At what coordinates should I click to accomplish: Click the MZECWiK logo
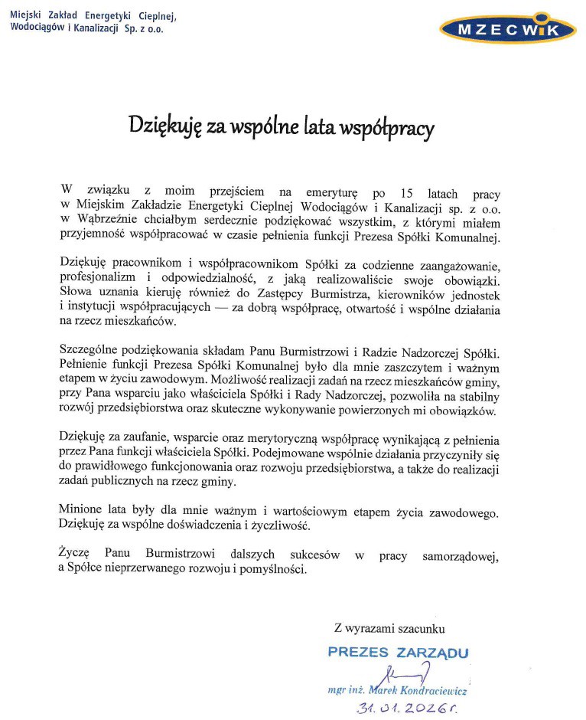507,30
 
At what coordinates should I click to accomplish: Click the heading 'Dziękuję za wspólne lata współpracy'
281,124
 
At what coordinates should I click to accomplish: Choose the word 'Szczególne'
90,352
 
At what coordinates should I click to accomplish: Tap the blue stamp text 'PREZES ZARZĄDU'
397,653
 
